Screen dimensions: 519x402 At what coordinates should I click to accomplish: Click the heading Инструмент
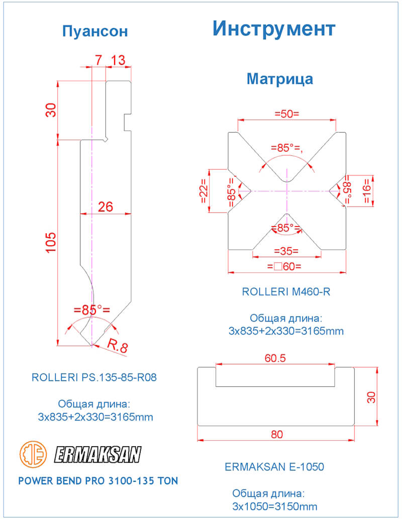(273, 29)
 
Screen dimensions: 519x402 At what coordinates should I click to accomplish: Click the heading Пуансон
(95, 32)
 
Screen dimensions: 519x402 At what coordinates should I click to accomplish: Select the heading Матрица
(280, 79)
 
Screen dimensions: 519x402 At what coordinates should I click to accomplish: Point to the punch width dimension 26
(106, 207)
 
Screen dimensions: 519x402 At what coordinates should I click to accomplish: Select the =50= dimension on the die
(287, 114)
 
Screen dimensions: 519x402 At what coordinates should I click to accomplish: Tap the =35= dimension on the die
(286, 250)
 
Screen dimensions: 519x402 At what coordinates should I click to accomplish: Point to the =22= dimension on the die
(204, 191)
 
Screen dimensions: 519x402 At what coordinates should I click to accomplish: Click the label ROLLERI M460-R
(286, 292)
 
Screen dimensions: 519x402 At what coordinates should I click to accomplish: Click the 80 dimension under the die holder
(276, 435)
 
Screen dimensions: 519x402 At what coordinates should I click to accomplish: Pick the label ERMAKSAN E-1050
(274, 467)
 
